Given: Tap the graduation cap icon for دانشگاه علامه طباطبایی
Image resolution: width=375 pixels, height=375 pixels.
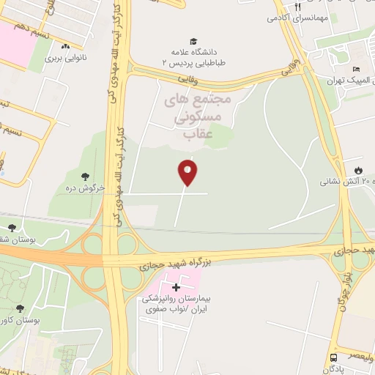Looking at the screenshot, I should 193,42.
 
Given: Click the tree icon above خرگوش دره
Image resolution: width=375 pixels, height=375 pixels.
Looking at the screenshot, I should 86,177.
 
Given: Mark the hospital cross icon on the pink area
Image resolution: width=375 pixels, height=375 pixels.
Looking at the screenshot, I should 176,287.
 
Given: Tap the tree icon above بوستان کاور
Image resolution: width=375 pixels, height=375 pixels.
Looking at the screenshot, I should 19,309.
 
